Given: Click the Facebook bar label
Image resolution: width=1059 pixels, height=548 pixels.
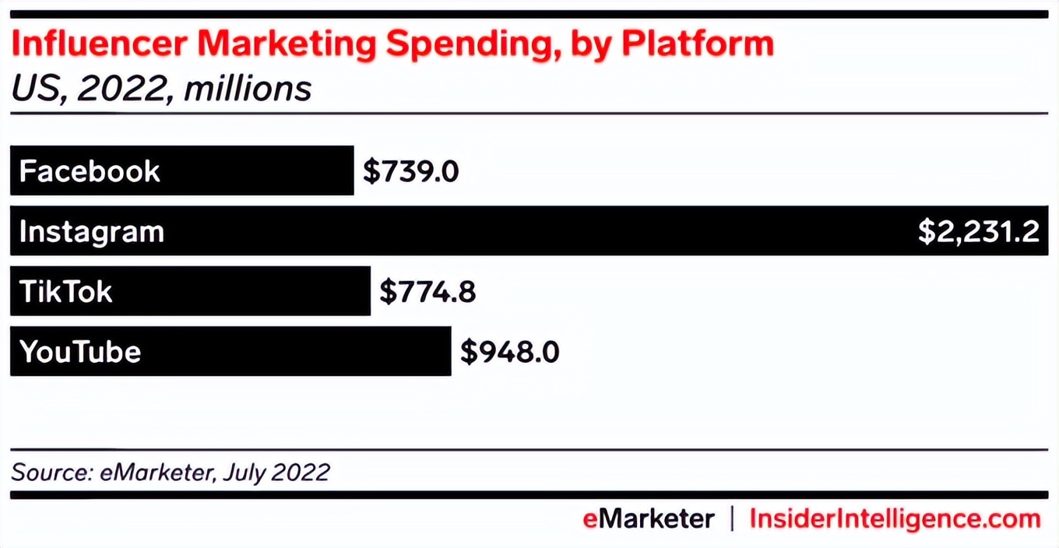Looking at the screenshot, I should click(x=90, y=171).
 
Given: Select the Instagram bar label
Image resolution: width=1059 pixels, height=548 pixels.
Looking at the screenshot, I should click(x=92, y=232).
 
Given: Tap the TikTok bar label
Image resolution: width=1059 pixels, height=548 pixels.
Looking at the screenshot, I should click(x=66, y=292).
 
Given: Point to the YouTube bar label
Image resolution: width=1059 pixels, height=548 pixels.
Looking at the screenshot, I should click(x=80, y=352).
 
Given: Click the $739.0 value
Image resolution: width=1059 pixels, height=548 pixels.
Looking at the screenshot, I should click(x=411, y=171).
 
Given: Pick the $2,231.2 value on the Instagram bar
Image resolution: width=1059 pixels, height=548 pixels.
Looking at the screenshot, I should click(x=978, y=232).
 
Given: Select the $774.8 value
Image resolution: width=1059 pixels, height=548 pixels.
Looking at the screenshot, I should click(x=427, y=292).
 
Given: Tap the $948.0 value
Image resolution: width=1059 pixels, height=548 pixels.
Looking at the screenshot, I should click(x=510, y=352).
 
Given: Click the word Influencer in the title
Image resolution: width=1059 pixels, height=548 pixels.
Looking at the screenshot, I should click(x=98, y=45).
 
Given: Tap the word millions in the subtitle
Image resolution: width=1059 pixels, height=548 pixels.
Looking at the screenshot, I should click(x=248, y=89).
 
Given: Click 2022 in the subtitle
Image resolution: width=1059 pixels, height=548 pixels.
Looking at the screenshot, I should click(x=125, y=89).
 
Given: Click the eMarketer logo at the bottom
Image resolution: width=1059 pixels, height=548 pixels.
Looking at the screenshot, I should click(x=648, y=519).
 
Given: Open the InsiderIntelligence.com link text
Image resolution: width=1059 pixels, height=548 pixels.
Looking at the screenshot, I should click(x=895, y=519).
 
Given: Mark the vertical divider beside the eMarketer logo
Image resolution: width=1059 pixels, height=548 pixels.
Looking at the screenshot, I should click(x=732, y=519).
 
